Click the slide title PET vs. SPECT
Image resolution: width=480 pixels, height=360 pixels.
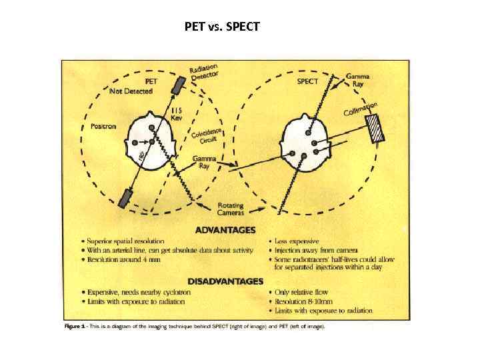(223, 27)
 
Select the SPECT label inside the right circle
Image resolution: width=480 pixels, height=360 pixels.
(309, 81)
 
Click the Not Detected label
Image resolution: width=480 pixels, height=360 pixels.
(131, 91)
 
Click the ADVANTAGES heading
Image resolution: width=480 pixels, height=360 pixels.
(225, 230)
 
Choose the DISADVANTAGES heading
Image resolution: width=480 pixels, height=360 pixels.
(225, 281)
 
